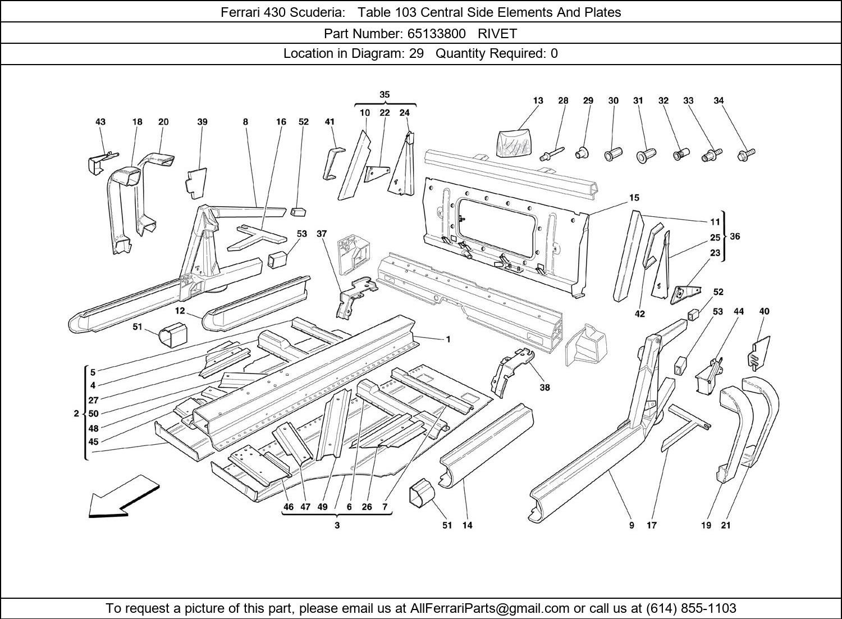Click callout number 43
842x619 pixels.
pos(100,121)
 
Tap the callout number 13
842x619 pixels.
pos(538,101)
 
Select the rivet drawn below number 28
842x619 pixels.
pos(552,153)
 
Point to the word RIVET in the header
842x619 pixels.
pos(497,33)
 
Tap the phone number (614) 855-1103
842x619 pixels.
pos(691,608)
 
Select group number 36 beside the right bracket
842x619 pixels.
pos(735,236)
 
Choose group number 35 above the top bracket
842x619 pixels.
pos(385,94)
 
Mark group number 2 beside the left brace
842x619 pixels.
pos(76,413)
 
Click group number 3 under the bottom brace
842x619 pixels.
pos(337,526)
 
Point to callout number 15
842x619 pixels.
pos(634,198)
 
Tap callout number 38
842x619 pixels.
pos(544,387)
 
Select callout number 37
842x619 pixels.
pos(321,233)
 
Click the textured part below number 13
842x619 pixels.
pos(514,140)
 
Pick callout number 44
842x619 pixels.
pos(739,311)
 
